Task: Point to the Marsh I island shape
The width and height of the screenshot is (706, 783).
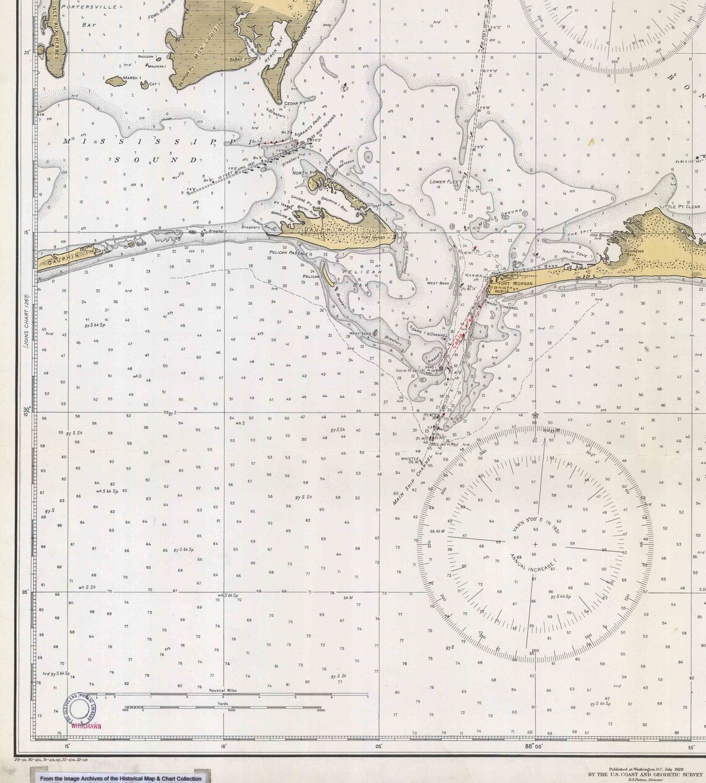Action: click(x=115, y=81)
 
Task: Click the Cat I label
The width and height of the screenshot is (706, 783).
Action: click(x=155, y=83)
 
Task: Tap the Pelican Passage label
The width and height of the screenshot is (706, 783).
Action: click(x=290, y=253)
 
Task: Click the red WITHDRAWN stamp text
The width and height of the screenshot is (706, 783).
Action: click(x=86, y=725)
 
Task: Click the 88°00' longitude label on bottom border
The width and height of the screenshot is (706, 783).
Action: click(x=533, y=747)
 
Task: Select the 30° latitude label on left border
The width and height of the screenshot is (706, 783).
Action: click(x=27, y=411)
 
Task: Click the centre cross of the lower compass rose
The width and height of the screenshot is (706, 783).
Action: click(x=536, y=545)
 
